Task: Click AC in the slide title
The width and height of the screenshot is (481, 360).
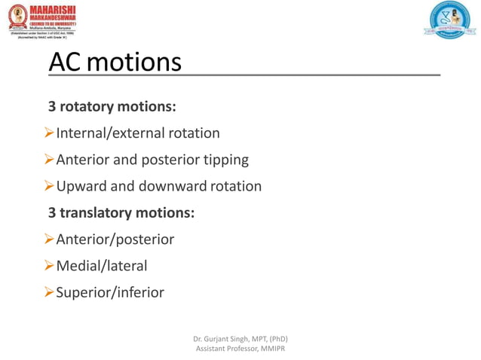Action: pyautogui.click(x=66, y=62)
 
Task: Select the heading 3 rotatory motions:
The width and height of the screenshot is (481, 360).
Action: pyautogui.click(x=112, y=107)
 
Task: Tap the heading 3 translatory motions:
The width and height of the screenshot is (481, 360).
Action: pyautogui.click(x=121, y=213)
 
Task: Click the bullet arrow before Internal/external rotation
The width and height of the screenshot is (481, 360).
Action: pyautogui.click(x=49, y=133)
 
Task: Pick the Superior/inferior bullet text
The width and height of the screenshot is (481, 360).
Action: pyautogui.click(x=110, y=292)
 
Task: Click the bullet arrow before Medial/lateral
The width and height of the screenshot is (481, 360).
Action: pyautogui.click(x=49, y=266)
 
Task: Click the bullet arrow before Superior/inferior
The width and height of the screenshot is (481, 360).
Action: pyautogui.click(x=49, y=292)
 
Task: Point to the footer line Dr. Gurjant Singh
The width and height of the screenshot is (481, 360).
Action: pyautogui.click(x=240, y=338)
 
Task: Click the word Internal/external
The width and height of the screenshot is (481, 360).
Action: pyautogui.click(x=111, y=133)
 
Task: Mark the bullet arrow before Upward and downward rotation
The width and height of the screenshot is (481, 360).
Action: pyautogui.click(x=49, y=186)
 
